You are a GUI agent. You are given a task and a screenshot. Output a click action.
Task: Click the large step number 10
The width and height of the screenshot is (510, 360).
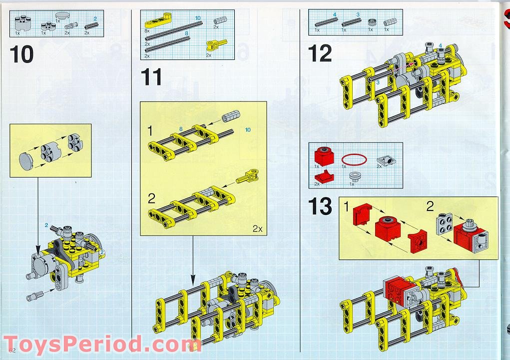22,54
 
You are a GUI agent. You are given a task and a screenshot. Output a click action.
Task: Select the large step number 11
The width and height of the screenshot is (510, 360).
151,77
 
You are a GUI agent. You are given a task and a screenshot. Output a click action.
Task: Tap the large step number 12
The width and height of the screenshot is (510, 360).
320,53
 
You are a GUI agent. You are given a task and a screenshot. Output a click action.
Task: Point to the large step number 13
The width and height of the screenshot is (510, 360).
320,206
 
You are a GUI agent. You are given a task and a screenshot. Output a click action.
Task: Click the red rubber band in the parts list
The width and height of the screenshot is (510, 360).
356,159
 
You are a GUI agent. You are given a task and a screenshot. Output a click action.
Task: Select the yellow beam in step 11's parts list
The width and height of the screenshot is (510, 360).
157,23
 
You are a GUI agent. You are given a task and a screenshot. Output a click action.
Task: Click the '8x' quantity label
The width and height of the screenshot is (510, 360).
147,30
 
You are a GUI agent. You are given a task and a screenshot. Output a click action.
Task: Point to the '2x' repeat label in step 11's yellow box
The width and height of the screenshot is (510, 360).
257,228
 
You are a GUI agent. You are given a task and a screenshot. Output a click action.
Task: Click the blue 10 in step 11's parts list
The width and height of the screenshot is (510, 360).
198,18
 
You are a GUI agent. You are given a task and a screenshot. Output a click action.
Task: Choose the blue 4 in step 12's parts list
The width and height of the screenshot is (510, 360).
334,14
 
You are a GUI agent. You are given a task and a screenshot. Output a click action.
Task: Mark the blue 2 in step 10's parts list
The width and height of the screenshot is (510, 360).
95,18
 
